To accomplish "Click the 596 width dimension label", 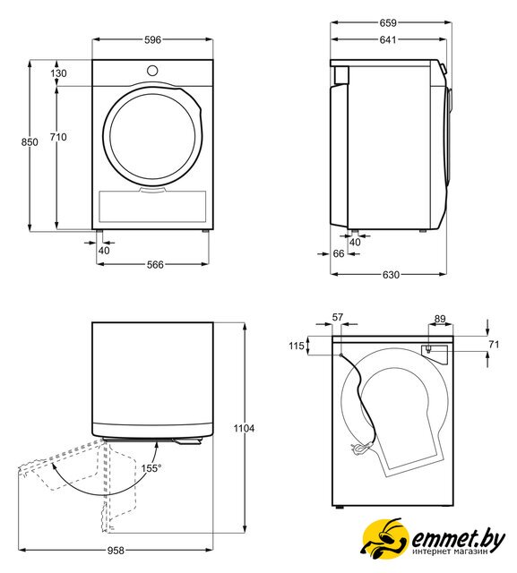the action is pos(152,39).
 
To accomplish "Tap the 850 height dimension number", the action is pos(30,141).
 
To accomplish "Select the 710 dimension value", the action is pos(58,137).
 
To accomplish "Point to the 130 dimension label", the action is pos(58,73).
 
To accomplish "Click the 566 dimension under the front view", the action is pos(155,265).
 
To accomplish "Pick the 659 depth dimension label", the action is pos(388,23).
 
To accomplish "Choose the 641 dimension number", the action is pos(388,39).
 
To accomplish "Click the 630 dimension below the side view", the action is pos(391,275).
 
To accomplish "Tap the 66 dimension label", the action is pos(339,253).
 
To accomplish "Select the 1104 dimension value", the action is pos(244,428).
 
